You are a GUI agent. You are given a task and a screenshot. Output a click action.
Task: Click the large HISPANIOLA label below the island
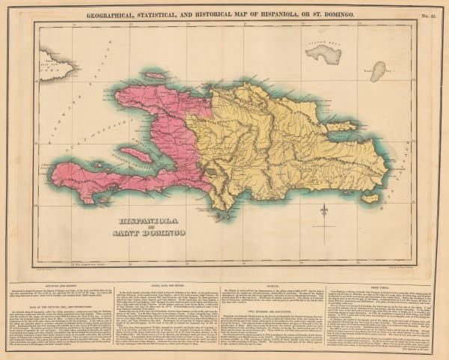point(150,222)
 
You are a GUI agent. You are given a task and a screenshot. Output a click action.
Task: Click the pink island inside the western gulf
point(136,154)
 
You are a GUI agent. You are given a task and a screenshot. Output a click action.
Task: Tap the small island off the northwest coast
point(155,76)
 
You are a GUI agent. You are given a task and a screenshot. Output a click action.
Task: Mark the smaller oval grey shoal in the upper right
point(379,71)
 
